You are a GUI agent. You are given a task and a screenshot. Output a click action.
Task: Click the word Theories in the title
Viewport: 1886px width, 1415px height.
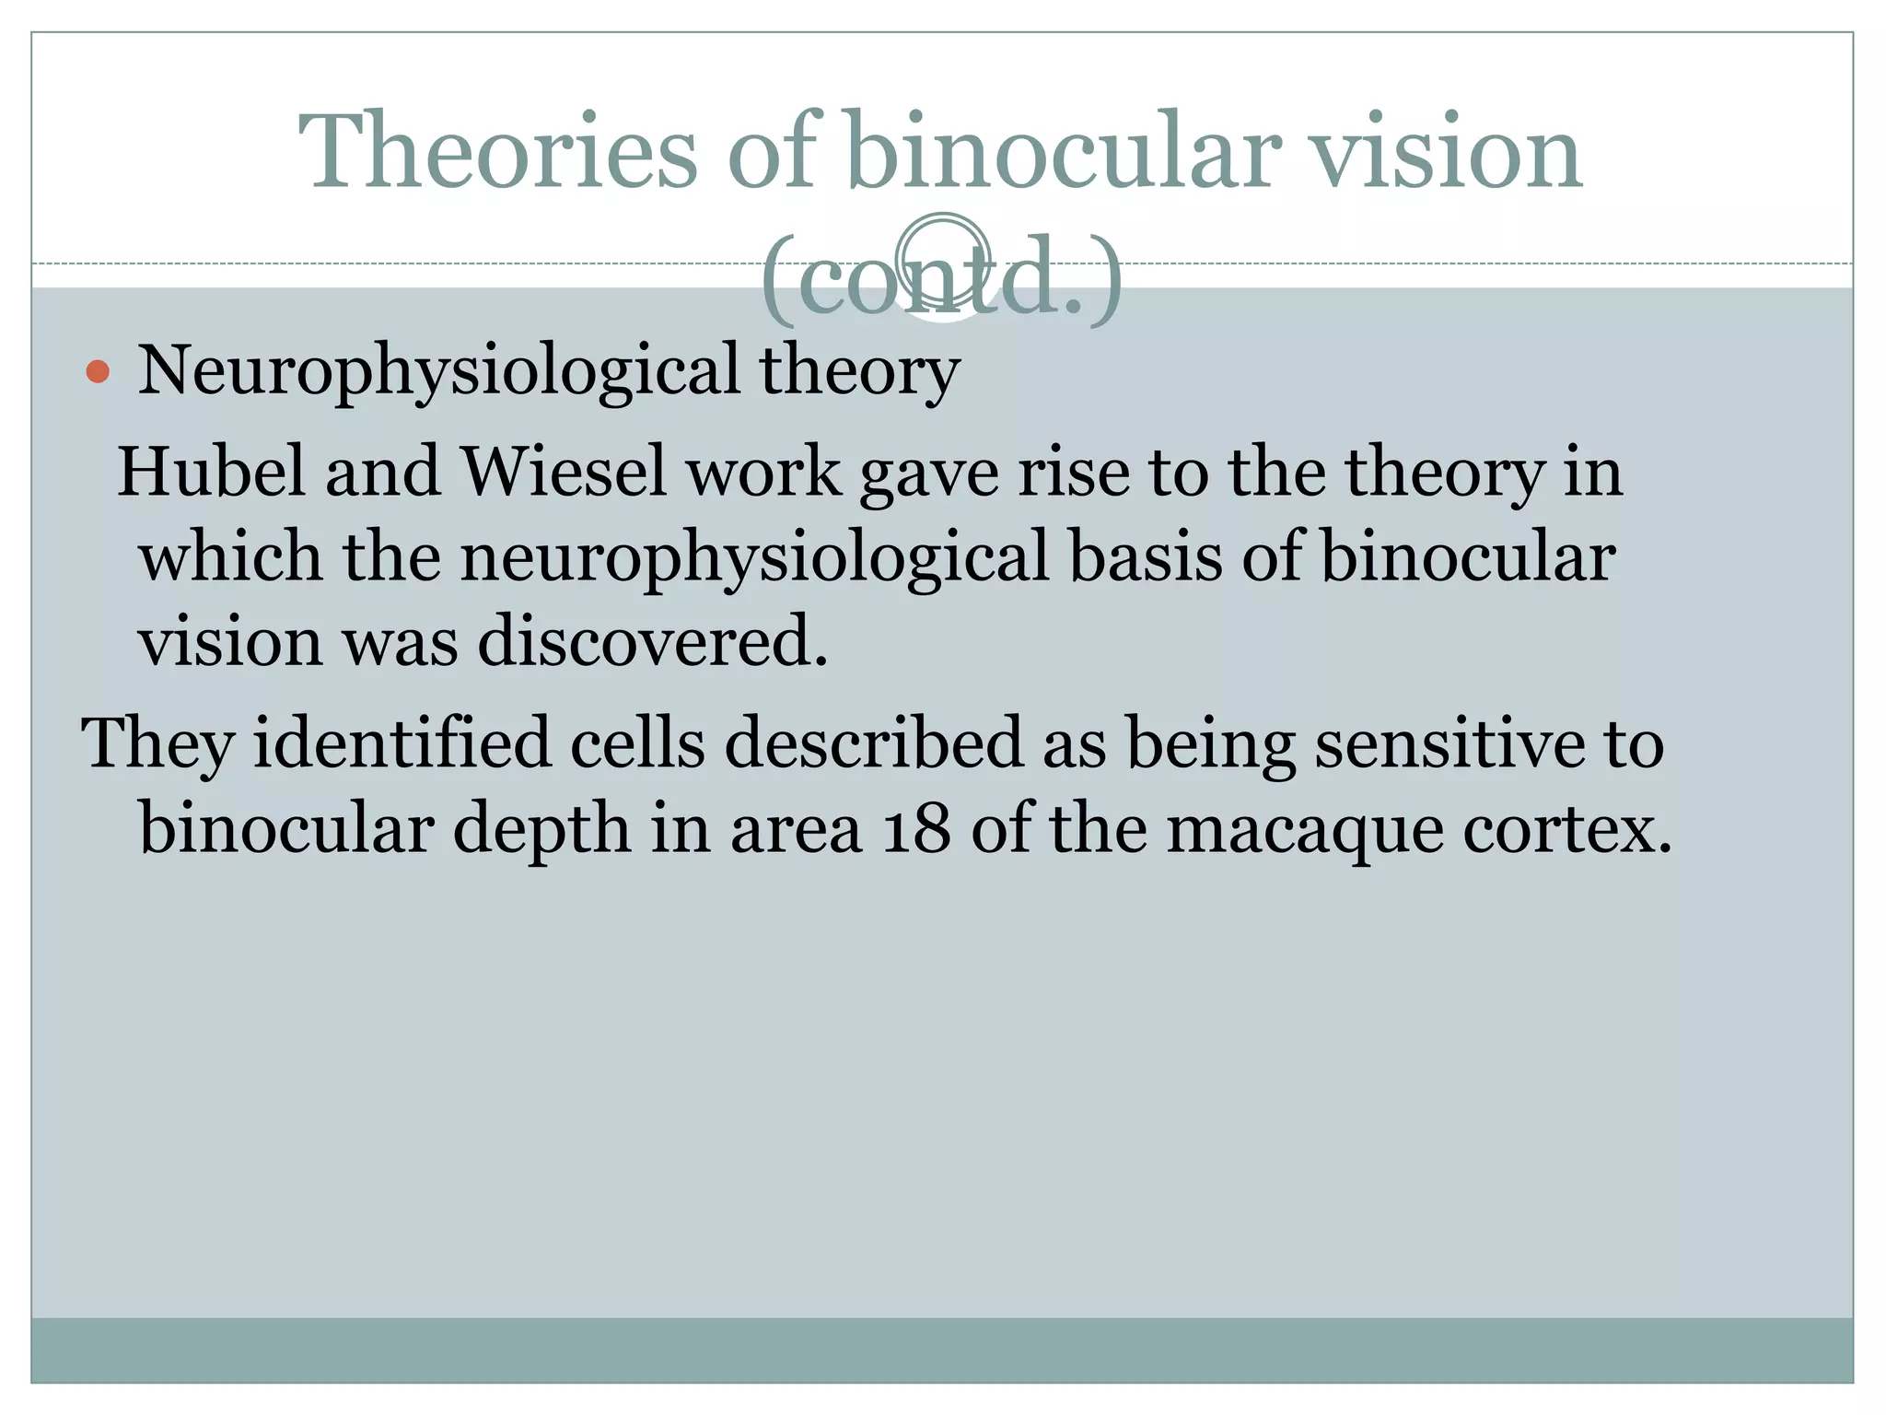tap(497, 152)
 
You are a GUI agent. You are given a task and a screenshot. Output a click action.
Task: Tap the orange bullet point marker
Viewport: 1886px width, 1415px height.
tap(98, 372)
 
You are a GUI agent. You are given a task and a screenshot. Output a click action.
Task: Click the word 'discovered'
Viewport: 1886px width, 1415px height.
tap(651, 641)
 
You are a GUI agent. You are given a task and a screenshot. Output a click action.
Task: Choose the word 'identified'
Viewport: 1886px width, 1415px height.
tap(402, 743)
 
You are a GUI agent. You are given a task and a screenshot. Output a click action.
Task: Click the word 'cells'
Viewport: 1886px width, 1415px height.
tap(637, 743)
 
